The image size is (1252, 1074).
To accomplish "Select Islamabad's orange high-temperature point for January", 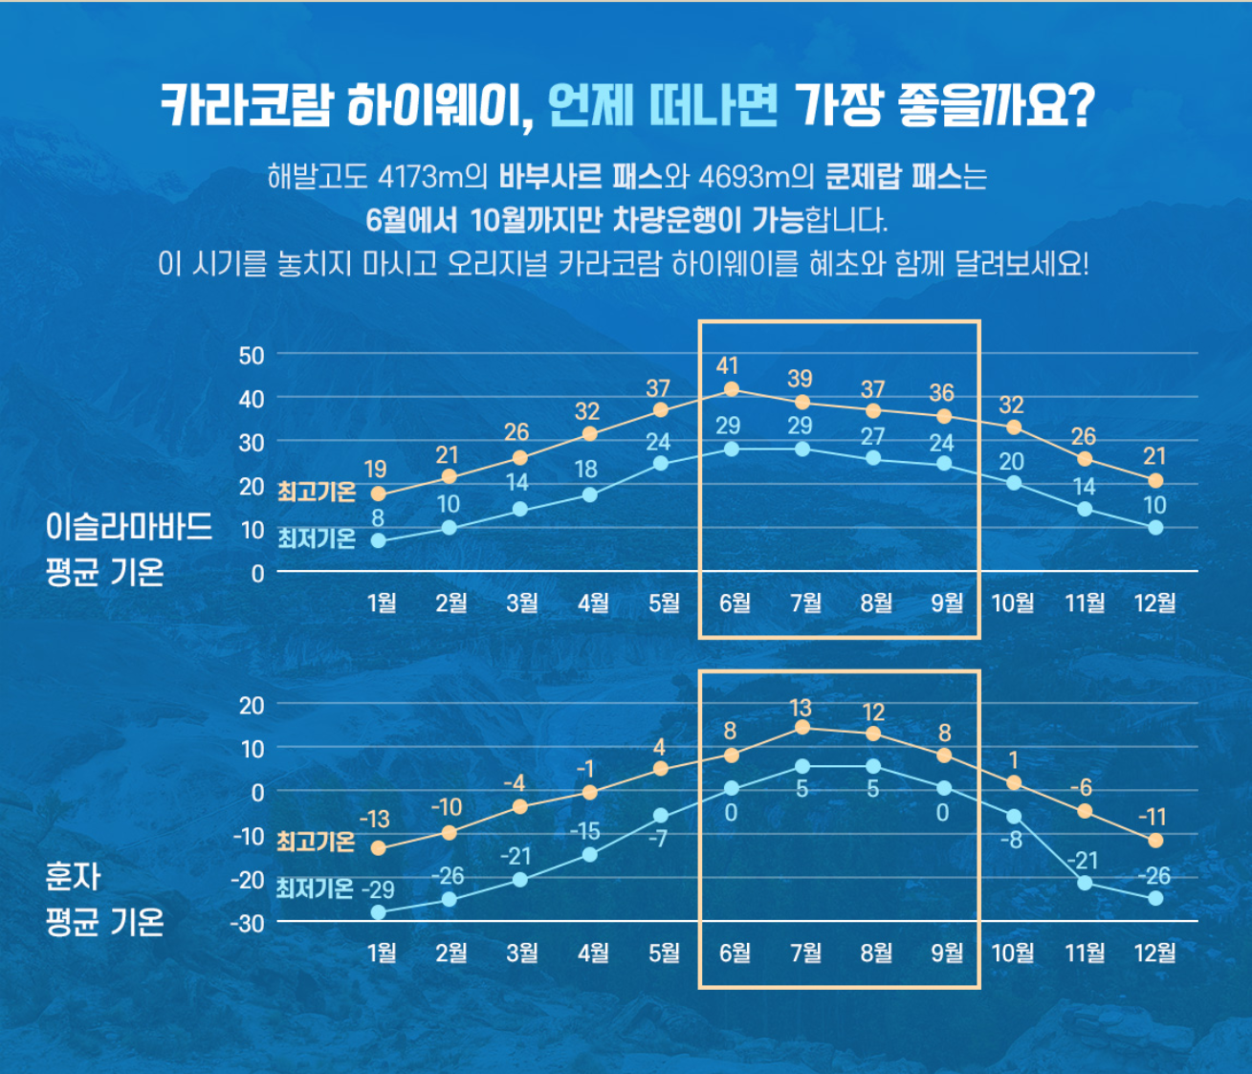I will [379, 494].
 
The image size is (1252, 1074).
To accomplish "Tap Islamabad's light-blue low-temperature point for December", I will [1155, 528].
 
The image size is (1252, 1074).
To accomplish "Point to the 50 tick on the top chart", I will [252, 356].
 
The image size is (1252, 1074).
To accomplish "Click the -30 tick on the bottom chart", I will [248, 924].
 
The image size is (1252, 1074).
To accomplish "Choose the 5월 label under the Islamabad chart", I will [664, 603].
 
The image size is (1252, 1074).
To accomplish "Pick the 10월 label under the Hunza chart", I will [1013, 953].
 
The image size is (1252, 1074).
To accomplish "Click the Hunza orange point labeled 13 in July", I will [802, 729].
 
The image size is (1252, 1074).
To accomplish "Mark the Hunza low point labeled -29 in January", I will [379, 912].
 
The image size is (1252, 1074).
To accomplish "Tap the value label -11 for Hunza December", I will [1153, 817].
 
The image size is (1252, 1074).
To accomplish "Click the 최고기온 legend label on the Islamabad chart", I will [317, 493].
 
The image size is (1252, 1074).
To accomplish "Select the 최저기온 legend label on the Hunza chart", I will [316, 888].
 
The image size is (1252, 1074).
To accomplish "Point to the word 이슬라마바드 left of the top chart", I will [129, 527].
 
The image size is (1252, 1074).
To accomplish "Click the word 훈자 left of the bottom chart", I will [74, 876].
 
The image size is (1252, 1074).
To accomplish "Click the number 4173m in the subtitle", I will [420, 177].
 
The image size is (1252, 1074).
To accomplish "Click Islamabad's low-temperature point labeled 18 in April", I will [590, 495].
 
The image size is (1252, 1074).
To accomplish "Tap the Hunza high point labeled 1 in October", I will [1015, 783].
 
